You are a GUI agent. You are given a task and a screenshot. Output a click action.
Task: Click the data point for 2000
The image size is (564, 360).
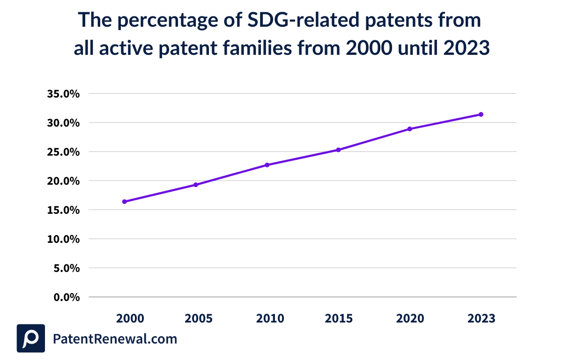[x=125, y=202]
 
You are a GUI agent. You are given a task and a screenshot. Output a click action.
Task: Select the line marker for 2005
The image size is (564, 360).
[x=196, y=185]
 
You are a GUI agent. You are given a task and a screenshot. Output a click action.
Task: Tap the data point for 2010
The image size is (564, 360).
[x=267, y=165]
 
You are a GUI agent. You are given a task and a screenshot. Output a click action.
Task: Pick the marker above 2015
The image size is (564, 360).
[x=338, y=150]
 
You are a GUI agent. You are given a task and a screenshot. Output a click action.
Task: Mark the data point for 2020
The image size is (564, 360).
[x=409, y=129]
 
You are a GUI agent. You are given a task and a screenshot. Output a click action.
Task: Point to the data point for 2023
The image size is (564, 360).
[x=481, y=114]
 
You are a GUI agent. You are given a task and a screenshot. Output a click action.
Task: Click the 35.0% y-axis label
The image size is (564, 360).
[x=64, y=94]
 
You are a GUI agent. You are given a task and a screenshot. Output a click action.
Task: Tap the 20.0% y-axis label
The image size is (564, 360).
[x=64, y=181]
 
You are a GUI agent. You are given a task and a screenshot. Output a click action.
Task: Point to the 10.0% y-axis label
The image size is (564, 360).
[x=64, y=239]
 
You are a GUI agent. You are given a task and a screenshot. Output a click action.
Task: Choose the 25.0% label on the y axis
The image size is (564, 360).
[x=64, y=152]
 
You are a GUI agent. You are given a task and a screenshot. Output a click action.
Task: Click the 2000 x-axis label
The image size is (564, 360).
[x=130, y=319]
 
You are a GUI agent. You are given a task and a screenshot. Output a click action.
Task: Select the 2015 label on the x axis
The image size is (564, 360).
[x=339, y=319]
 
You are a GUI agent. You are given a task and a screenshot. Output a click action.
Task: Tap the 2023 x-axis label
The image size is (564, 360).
[x=481, y=319]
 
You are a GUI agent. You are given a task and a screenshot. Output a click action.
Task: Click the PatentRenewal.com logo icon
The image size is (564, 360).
[x=31, y=338]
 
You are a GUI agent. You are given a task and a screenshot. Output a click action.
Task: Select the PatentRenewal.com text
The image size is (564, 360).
[x=115, y=339]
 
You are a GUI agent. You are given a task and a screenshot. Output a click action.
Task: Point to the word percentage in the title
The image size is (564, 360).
[x=161, y=21]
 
